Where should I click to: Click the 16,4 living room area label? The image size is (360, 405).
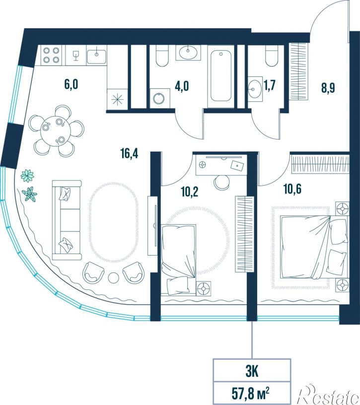129,154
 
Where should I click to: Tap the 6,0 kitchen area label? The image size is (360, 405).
71,84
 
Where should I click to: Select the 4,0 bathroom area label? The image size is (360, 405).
182,86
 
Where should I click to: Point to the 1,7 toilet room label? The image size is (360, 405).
269,85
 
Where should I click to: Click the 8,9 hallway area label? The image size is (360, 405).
328,88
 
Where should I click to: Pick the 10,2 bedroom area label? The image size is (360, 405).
189,192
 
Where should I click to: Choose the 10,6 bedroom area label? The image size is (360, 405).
292,189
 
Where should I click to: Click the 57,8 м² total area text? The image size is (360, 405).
250,395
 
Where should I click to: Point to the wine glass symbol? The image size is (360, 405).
75,56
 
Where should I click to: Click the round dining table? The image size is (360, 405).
56,131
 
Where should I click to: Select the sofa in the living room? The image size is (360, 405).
67,220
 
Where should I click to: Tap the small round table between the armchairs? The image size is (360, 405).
113,277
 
